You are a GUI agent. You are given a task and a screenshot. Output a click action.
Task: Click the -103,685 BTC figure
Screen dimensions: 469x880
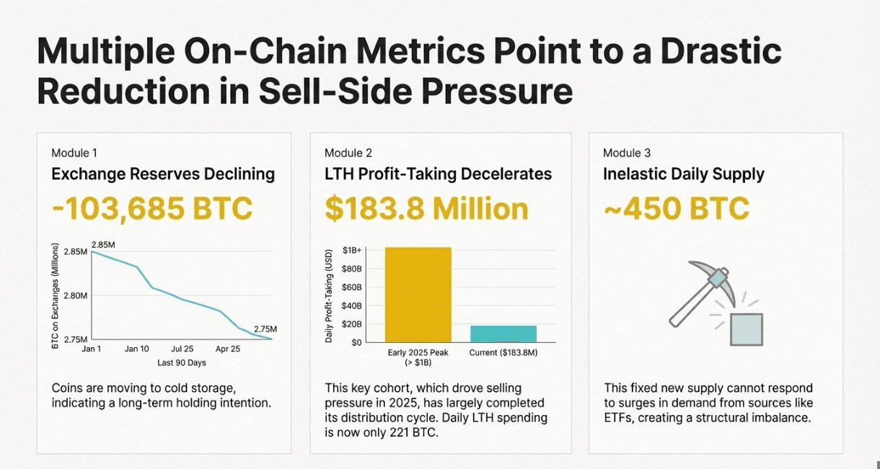152,209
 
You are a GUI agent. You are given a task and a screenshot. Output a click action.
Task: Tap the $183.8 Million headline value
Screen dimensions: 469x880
426,209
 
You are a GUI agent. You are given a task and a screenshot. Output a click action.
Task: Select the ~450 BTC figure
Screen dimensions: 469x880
676,209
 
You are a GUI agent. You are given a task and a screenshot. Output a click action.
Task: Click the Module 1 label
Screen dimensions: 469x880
74,153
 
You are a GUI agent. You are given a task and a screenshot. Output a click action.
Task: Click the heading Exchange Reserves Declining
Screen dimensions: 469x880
163,174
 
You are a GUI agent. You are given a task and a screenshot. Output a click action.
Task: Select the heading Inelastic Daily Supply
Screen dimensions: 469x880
684,174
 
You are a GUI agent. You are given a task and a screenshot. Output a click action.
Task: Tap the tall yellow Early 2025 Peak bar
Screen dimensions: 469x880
418,294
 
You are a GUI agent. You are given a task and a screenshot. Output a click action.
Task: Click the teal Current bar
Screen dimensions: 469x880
503,334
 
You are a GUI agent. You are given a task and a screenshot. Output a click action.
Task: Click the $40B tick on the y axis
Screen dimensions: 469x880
351,305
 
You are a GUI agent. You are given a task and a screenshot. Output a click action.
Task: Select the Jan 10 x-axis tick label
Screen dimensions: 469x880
136,349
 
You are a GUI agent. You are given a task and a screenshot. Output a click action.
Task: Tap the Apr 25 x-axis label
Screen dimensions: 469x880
229,349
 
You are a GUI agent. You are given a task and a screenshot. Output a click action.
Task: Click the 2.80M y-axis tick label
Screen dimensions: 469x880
74,295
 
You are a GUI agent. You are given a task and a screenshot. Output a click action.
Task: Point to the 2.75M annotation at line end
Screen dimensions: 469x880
265,329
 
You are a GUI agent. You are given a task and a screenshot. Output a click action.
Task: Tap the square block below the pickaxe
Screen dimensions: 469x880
746,329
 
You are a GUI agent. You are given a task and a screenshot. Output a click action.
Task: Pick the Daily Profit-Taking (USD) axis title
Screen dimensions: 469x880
329,295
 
